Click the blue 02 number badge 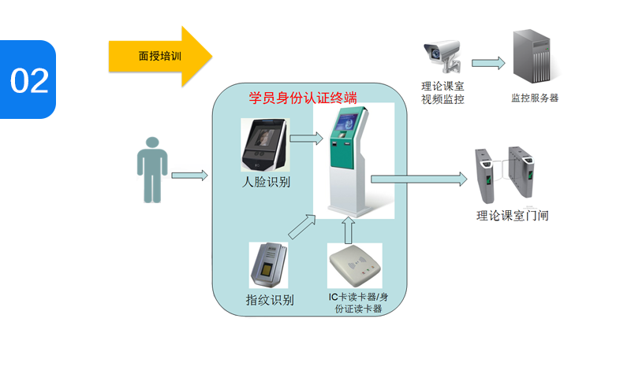(28, 80)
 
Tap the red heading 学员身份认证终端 (303, 98)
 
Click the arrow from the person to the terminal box (189, 175)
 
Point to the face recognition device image (265, 145)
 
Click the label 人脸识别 (266, 183)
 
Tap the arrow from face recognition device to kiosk (307, 139)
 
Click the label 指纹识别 (270, 300)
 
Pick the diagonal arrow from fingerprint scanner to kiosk (303, 225)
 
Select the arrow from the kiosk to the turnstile (419, 180)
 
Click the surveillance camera (442, 56)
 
